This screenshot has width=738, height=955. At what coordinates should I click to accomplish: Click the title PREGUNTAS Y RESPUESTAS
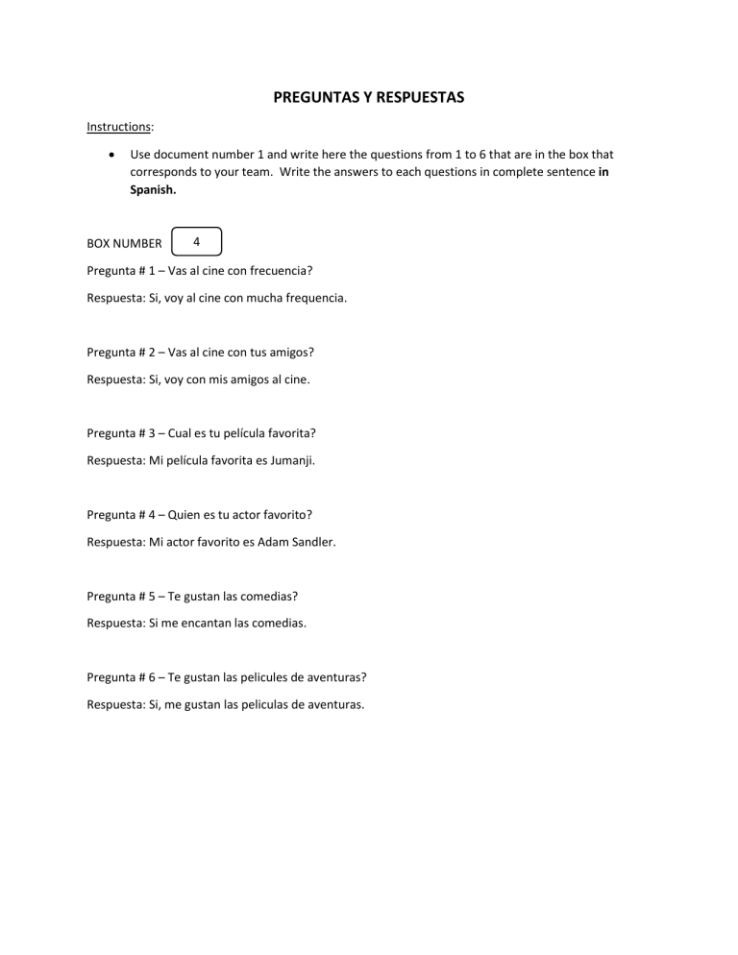pyautogui.click(x=369, y=97)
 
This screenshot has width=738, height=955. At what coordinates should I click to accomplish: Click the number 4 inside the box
pyautogui.click(x=195, y=242)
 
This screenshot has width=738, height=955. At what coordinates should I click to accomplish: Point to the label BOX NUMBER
pyautogui.click(x=124, y=243)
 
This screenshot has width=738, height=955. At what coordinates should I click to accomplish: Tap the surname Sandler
pyautogui.click(x=310, y=541)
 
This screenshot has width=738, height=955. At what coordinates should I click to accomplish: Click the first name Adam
pyautogui.click(x=266, y=541)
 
